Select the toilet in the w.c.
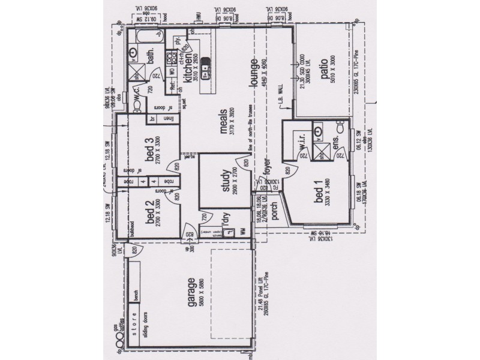pos(139,104)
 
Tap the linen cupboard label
pos(170,118)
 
